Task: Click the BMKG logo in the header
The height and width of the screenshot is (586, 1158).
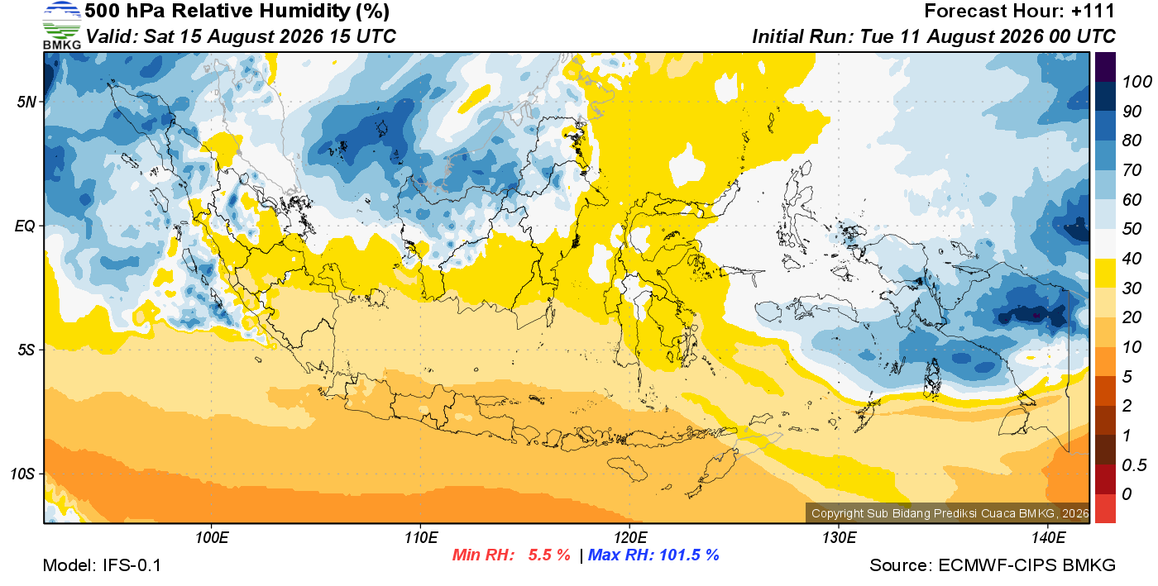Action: point(62,26)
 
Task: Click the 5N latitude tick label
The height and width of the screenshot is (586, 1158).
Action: point(26,102)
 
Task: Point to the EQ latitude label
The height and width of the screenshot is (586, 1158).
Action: point(26,226)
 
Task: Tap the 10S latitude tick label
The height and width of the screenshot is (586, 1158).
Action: point(23,474)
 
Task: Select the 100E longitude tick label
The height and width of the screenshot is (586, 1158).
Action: point(212,538)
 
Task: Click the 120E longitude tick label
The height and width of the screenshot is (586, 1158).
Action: point(630,538)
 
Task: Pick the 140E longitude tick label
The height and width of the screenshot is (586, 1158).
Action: point(1049,538)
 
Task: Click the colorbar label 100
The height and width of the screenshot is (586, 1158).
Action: point(1136,82)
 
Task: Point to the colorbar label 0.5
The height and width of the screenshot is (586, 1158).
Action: point(1134,465)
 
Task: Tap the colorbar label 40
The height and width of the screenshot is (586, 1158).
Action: point(1132,259)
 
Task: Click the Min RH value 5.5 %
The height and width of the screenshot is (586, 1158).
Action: point(549,555)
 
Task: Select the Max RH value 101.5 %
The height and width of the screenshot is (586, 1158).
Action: point(689,555)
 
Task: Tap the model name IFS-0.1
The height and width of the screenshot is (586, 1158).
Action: point(132,565)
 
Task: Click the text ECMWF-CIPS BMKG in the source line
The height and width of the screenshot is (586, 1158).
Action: point(1026,565)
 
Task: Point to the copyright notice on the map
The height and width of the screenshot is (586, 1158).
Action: point(950,513)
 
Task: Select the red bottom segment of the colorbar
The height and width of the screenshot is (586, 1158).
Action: point(1105,508)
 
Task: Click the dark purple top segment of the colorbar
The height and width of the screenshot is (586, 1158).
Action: point(1105,67)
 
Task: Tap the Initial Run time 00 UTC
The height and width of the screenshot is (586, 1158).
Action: point(1083,36)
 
